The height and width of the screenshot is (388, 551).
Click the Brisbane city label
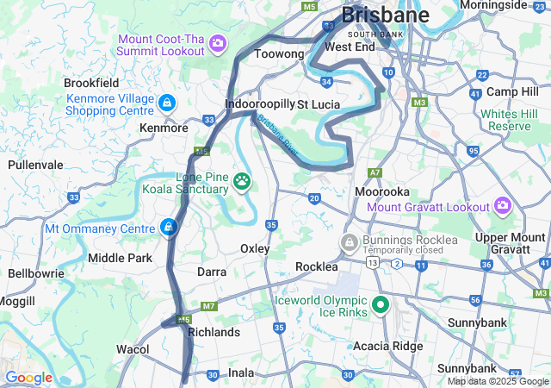(385, 16)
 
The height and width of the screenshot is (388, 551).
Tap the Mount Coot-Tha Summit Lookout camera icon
(219, 42)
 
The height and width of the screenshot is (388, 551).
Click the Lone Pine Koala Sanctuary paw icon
(244, 182)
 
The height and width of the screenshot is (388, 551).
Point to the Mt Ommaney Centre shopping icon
(168, 228)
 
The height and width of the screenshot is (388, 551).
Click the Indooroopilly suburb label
(258, 104)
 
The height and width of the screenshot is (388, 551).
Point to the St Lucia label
(319, 104)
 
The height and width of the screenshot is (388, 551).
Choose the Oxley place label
(255, 248)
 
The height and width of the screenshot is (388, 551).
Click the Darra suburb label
(211, 272)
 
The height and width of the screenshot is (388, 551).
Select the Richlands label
(213, 332)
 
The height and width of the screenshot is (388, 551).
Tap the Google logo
(28, 378)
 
